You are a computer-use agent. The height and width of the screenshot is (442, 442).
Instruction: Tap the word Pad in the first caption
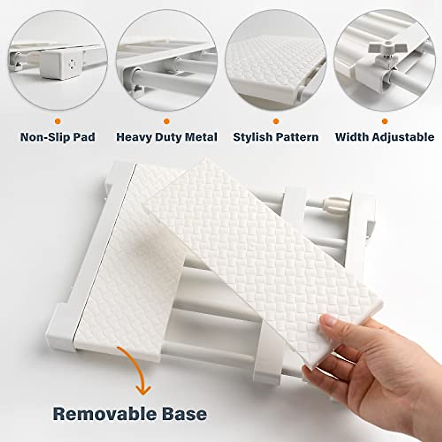tap(85, 137)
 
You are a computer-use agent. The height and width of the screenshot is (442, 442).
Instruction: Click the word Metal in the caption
tap(201, 137)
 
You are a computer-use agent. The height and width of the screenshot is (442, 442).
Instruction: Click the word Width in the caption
tap(352, 137)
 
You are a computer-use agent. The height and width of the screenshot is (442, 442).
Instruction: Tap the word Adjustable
tap(403, 137)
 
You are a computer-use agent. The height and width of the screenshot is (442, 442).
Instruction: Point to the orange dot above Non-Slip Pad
tap(57, 121)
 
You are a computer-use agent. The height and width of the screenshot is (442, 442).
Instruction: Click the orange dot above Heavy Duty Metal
tap(166, 121)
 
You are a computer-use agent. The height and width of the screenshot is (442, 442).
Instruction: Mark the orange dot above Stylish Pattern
tap(276, 121)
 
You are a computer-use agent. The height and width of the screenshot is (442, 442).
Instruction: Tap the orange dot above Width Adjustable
tap(385, 121)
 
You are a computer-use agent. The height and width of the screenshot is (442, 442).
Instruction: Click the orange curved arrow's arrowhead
tap(143, 390)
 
